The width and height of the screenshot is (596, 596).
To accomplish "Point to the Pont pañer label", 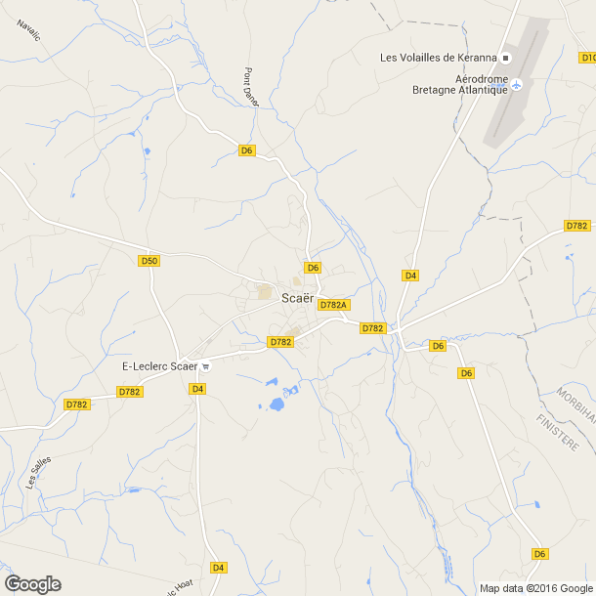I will pyautogui.click(x=252, y=86).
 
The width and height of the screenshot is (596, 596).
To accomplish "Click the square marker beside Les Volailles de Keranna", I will pyautogui.click(x=506, y=57).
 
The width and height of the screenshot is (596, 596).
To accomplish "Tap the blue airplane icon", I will pyautogui.click(x=518, y=84).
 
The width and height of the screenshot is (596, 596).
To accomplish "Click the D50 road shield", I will pyautogui.click(x=149, y=261).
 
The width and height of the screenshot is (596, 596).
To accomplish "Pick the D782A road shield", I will pyautogui.click(x=334, y=305).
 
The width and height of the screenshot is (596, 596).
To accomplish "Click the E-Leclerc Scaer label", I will pyautogui.click(x=159, y=366).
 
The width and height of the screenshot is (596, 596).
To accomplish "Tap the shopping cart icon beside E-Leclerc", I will pyautogui.click(x=206, y=366).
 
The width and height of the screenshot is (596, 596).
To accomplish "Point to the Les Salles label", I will pyautogui.click(x=38, y=473).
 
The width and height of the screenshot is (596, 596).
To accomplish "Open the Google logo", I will pyautogui.click(x=32, y=584).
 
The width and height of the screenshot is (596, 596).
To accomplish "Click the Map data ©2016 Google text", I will pyautogui.click(x=535, y=588).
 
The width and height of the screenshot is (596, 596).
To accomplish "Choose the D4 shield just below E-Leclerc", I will pyautogui.click(x=198, y=389).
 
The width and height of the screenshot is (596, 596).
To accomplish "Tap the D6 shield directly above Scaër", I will pyautogui.click(x=313, y=268).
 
